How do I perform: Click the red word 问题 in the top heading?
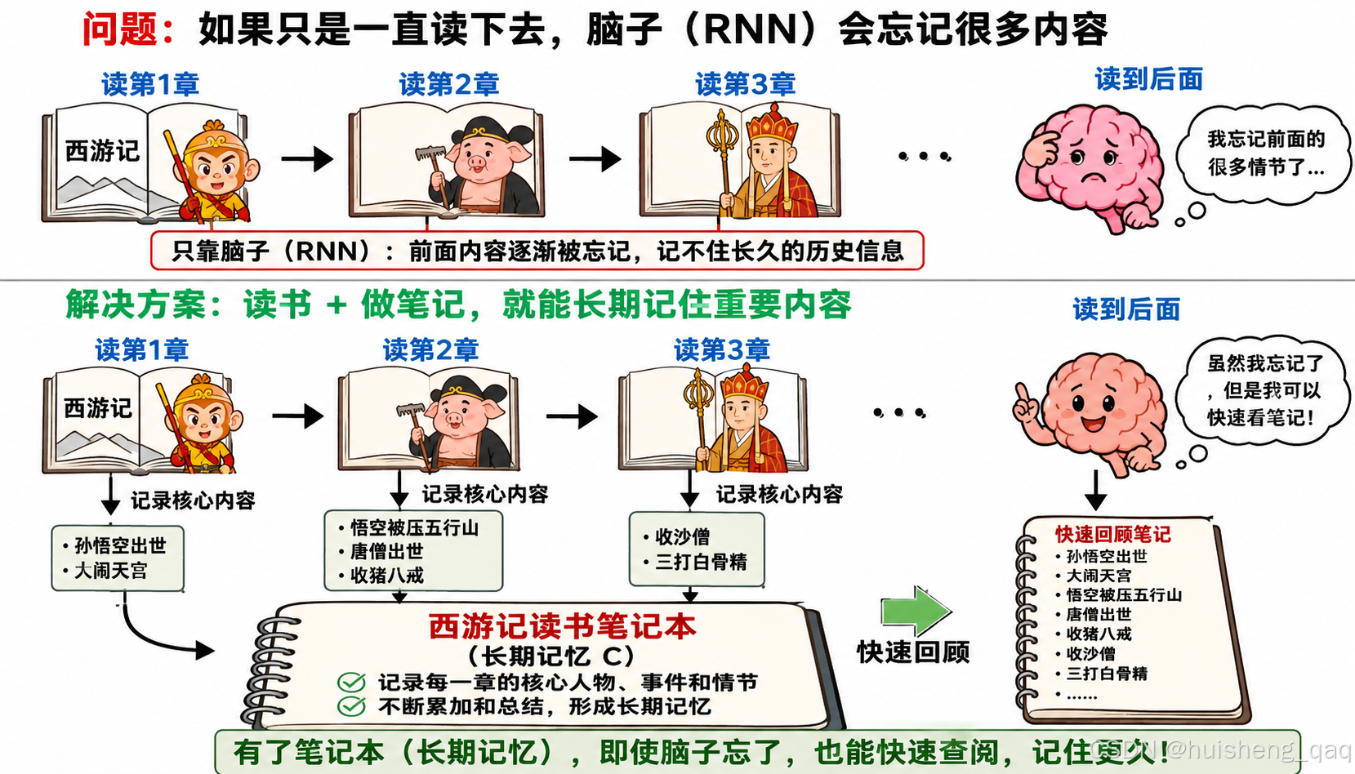coord(120,29)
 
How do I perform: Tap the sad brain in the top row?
coord(1089,167)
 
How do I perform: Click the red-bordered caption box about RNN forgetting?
coord(537,251)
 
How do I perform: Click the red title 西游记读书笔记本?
coord(563,626)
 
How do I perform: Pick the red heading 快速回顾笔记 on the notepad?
coord(1113,534)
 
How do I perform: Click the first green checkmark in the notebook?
coord(351,682)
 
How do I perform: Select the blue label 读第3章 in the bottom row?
coord(722,349)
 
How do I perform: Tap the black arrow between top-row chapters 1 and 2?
coord(307,158)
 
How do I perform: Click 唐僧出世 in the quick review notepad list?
coord(1099,614)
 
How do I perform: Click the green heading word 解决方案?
coord(136,305)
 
